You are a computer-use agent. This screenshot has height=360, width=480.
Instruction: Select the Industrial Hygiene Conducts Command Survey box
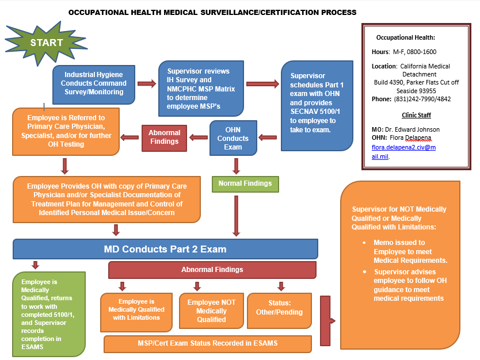point(94,83)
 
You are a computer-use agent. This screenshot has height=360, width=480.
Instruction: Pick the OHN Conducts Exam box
point(233,139)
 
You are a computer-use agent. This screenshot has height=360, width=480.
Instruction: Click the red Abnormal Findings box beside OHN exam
point(164,137)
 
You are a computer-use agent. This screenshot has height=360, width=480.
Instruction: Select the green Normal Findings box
point(245,183)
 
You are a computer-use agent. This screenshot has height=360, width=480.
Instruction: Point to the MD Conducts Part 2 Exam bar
point(165,249)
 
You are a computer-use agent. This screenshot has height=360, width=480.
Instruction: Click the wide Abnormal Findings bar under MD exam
point(212,270)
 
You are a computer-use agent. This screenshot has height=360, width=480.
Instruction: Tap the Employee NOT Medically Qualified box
point(211,311)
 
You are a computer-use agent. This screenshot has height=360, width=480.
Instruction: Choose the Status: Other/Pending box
point(279,308)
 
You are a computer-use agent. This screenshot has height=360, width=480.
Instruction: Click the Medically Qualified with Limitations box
point(136,310)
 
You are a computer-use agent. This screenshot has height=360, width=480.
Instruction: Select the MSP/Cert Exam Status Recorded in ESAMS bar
point(207,343)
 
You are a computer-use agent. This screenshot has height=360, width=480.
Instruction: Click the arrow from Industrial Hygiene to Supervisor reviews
point(147,85)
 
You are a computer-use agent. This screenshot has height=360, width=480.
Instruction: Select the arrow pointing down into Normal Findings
point(235,166)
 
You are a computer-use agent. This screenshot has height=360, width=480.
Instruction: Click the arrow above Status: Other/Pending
point(281,286)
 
